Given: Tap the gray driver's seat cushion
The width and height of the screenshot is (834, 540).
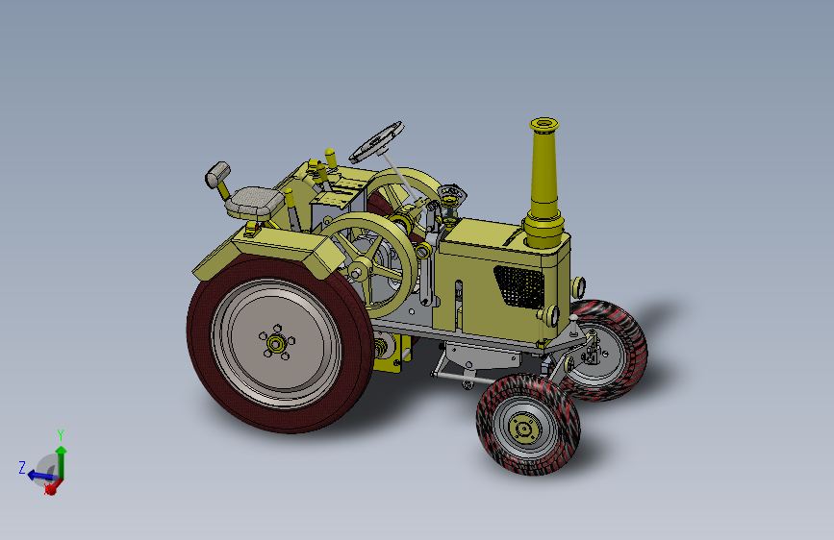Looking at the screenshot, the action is coord(255,203).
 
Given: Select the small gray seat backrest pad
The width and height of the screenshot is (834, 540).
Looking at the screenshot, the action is coord(217,173).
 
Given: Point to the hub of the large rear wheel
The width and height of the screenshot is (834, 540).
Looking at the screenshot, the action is coord(276,344).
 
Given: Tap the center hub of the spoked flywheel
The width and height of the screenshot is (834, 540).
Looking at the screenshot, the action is coord(356,273).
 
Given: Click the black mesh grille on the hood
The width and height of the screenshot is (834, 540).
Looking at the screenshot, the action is coord(518,286).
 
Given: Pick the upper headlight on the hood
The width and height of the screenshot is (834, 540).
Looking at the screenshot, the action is coord(578,287).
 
